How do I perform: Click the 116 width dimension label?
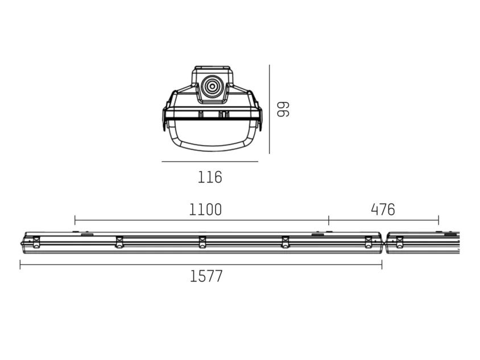pyautogui.click(x=210, y=177)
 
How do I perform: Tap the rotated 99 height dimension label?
pyautogui.click(x=283, y=109)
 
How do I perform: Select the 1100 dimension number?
pyautogui.click(x=205, y=210)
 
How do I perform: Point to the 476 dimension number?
pyautogui.click(x=383, y=210)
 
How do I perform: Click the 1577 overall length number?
pyautogui.click(x=206, y=276)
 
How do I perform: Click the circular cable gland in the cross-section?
pyautogui.click(x=212, y=86)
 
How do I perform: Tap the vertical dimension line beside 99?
pyautogui.click(x=270, y=109)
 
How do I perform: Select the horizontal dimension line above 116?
pyautogui.click(x=210, y=162)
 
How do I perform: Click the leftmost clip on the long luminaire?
pyautogui.click(x=36, y=242)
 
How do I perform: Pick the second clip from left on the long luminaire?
pyautogui.click(x=119, y=242)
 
